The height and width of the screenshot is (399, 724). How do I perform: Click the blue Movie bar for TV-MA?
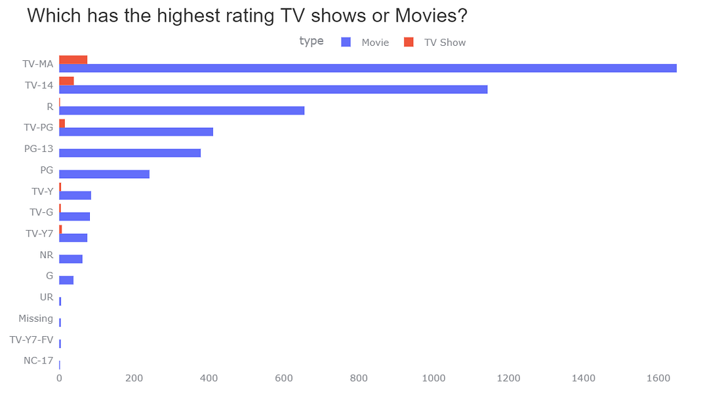(367, 68)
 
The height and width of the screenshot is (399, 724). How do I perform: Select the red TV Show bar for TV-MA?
(73, 60)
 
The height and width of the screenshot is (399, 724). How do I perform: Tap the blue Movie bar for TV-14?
(273, 89)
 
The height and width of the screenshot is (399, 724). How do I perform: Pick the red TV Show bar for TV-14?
(66, 81)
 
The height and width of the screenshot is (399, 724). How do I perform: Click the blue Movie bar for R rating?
(182, 110)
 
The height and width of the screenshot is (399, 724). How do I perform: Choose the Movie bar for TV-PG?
(136, 132)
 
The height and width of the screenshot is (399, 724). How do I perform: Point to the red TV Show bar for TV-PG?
(62, 123)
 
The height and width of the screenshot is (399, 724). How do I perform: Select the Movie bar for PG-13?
(130, 153)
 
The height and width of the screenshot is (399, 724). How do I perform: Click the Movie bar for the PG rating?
(104, 174)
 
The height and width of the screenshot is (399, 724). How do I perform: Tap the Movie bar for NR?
(71, 259)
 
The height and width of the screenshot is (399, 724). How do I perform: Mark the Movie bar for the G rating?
(66, 280)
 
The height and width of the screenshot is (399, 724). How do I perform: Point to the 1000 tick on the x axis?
(433, 378)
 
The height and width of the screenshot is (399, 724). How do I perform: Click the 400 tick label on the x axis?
(209, 378)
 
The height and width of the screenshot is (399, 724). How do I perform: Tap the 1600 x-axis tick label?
(658, 378)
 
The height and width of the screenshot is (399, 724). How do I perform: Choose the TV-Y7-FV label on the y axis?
(31, 340)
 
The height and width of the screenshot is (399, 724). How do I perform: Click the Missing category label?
(35, 318)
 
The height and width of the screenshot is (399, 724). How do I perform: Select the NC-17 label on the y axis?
(38, 361)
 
